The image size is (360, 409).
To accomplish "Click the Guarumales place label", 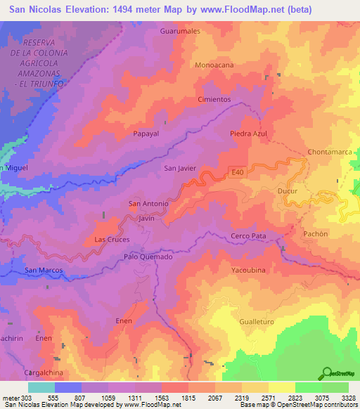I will pos(180,32).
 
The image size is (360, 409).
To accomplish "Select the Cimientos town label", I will pos(214,100).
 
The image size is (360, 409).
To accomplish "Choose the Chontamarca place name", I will pos(330,152).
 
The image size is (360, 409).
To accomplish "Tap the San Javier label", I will pos(179,169).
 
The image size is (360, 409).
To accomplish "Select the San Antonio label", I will pos(148,204).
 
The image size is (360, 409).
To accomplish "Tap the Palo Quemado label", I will pos(148,257).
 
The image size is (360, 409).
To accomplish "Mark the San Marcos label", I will pos(44,271).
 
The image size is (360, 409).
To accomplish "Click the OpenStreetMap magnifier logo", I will pos(326,372).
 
